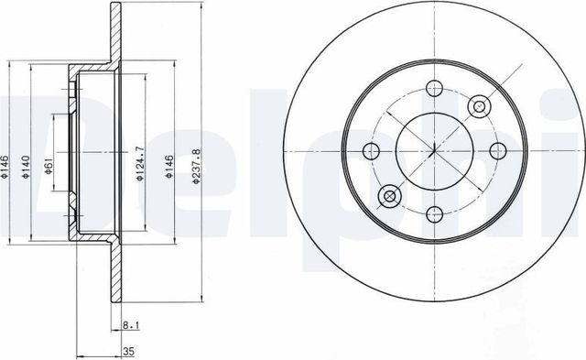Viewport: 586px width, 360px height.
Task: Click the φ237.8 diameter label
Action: point(197,166)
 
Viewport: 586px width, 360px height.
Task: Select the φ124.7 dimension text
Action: point(139,164)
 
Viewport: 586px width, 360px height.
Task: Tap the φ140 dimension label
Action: point(26,167)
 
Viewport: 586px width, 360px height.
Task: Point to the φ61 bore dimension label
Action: point(48,166)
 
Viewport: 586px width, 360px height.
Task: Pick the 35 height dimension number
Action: point(128,352)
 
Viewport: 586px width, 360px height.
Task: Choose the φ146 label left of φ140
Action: point(4,167)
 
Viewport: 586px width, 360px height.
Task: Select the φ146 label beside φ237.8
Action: point(170,167)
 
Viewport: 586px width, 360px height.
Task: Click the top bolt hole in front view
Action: point(434,89)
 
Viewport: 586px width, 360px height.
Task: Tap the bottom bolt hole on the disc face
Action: point(434,214)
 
